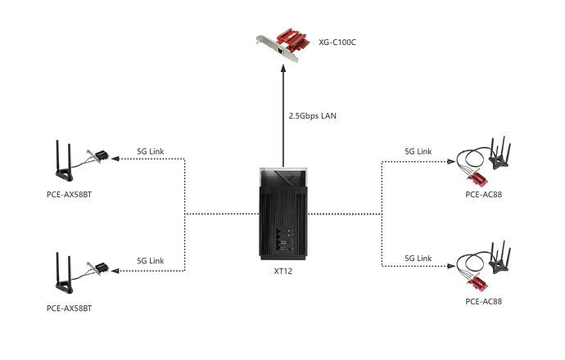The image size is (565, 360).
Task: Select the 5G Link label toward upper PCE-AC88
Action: pyautogui.click(x=418, y=152)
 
